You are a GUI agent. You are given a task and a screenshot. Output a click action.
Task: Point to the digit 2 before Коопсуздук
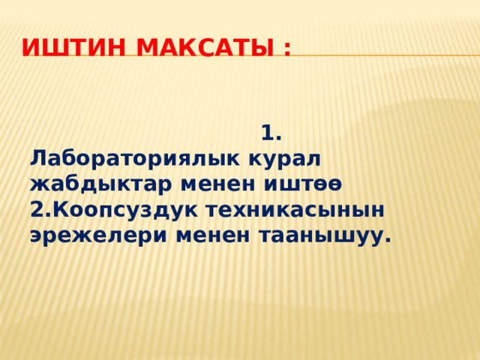coord(37,209)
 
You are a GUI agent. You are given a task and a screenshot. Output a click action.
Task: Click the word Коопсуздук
coord(120,211)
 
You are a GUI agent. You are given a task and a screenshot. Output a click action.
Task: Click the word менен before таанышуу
coord(213,235)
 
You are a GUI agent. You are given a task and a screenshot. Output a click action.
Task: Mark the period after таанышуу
coord(387,241)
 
